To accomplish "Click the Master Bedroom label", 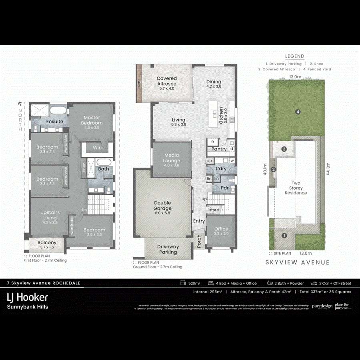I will click(91, 120).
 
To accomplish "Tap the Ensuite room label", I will click(54, 122).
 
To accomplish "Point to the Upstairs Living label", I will click(50, 215).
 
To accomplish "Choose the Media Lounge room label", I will click(172, 158).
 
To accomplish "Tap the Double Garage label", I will click(162, 206).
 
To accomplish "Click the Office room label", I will click(221, 231).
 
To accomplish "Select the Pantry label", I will click(219, 149).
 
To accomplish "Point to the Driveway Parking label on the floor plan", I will click(168, 249).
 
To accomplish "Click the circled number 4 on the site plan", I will click(298, 112).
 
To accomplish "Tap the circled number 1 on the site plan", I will click(284, 236).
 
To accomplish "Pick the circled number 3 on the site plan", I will click(284, 149).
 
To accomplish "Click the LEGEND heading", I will click(294, 56).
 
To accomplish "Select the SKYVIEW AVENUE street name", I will click(298, 262).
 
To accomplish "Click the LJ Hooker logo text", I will click(28, 297).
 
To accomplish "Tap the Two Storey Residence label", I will click(296, 188).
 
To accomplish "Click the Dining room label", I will click(214, 84).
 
